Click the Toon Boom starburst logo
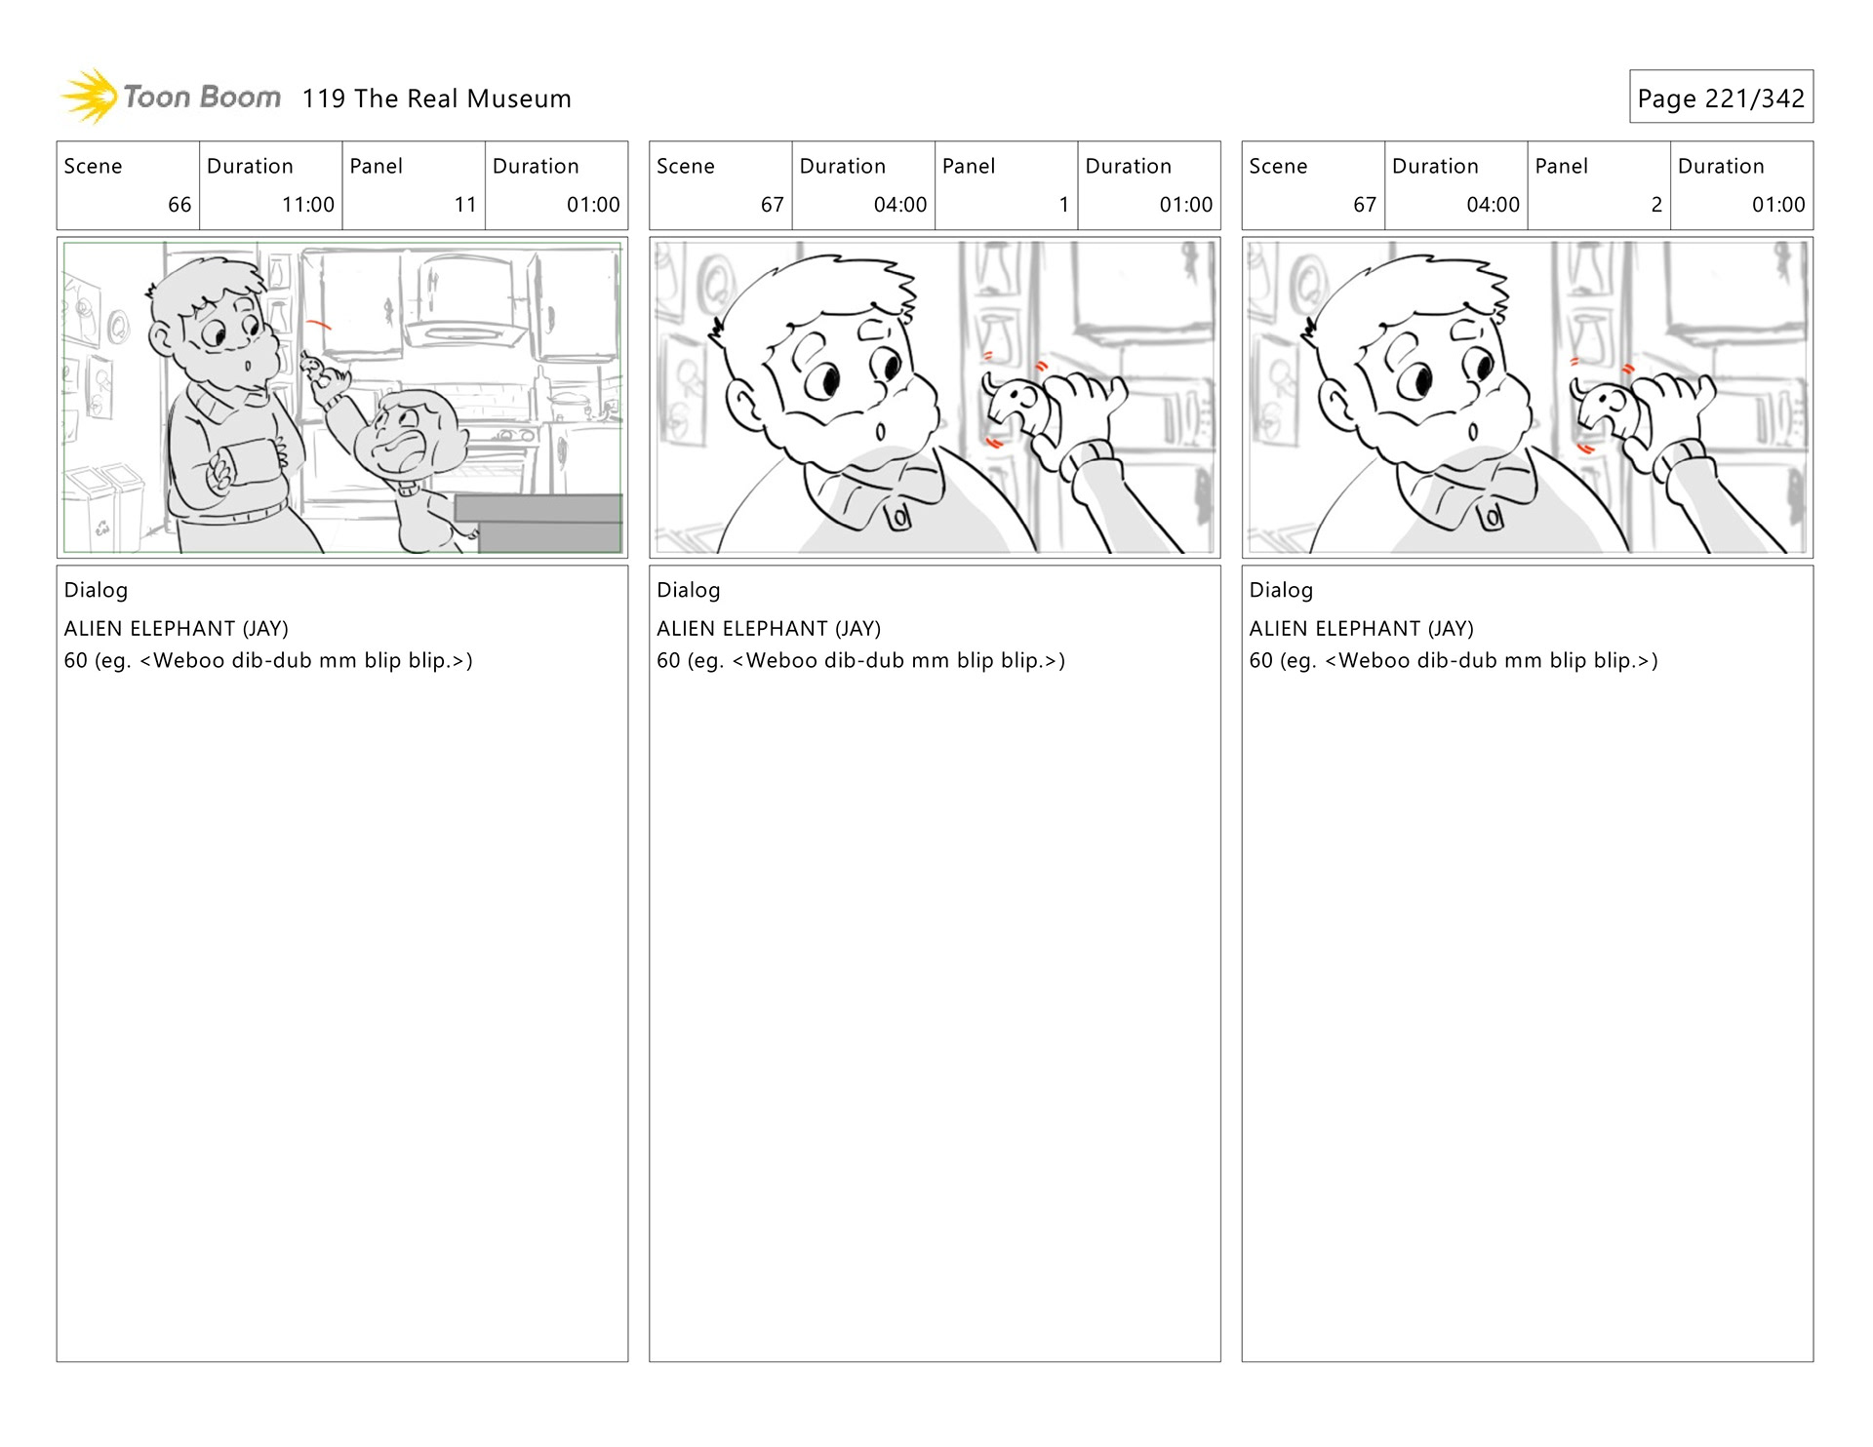[90, 97]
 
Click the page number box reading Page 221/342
[1720, 98]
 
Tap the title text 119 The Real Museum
[436, 98]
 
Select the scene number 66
[179, 205]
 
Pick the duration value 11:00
[307, 205]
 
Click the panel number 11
[465, 205]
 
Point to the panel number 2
[1655, 205]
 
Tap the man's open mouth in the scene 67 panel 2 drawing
[1473, 432]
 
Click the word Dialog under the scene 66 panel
[96, 590]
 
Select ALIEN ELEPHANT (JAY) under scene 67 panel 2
[1361, 629]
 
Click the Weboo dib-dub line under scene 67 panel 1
[860, 661]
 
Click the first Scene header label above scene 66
[93, 166]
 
